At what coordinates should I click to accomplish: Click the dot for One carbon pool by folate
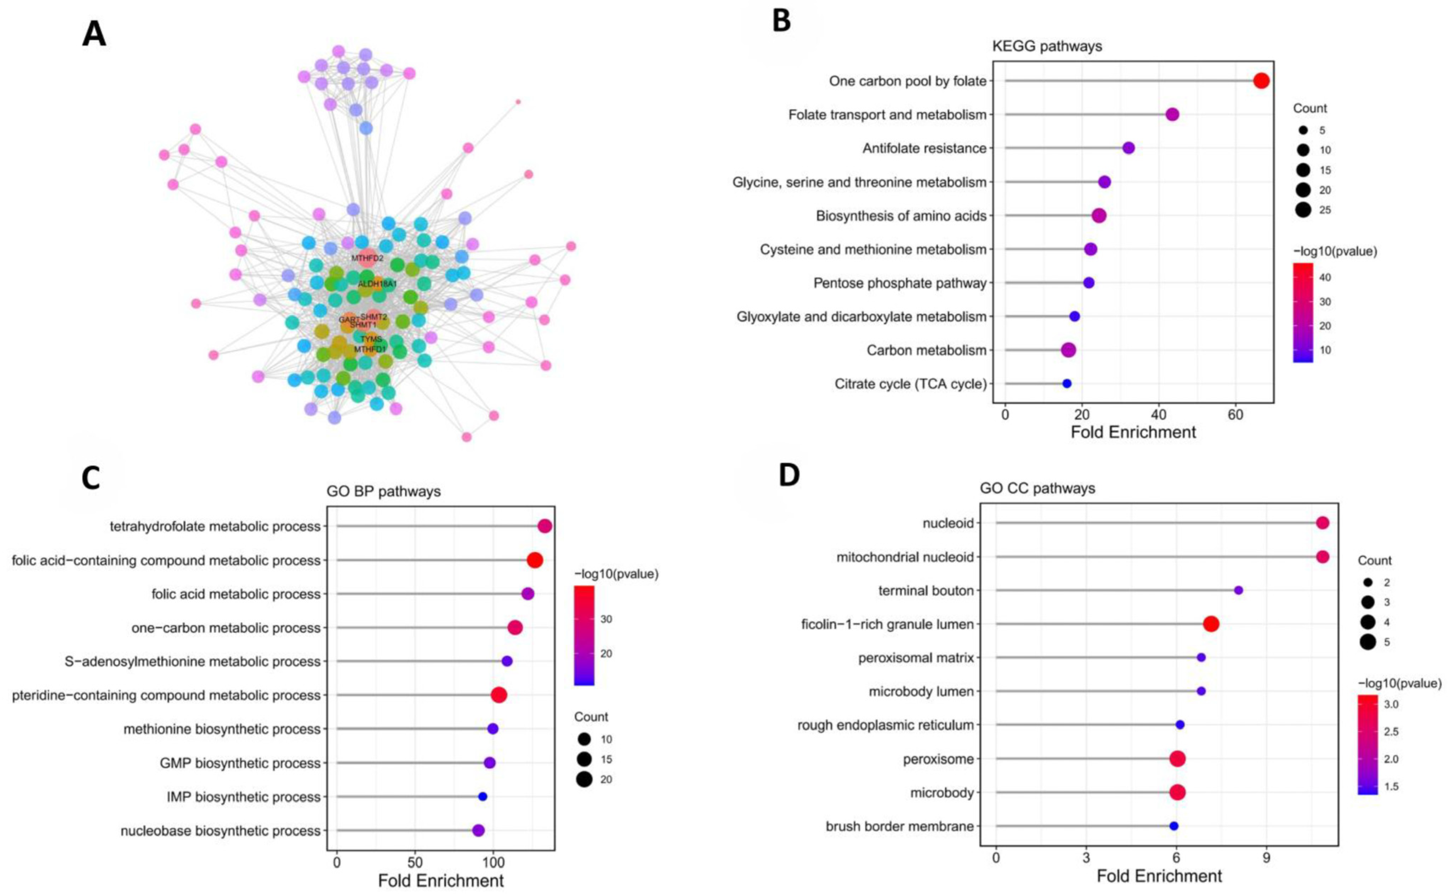click(x=1261, y=81)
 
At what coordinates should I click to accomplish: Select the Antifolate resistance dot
click(x=1128, y=148)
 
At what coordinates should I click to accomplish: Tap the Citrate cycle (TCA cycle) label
click(x=910, y=384)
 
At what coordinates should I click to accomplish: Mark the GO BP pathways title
click(x=384, y=491)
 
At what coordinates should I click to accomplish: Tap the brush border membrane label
click(x=899, y=826)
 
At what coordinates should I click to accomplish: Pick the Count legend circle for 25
click(x=1303, y=210)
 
